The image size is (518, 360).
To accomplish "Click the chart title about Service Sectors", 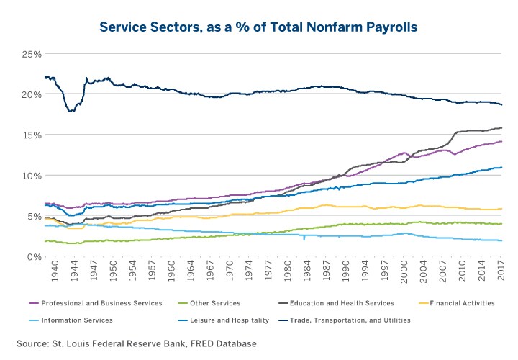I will tap(259, 27).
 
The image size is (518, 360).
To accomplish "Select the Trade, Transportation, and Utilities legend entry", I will tap(353, 320).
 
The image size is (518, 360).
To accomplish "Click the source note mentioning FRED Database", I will tap(137, 343).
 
